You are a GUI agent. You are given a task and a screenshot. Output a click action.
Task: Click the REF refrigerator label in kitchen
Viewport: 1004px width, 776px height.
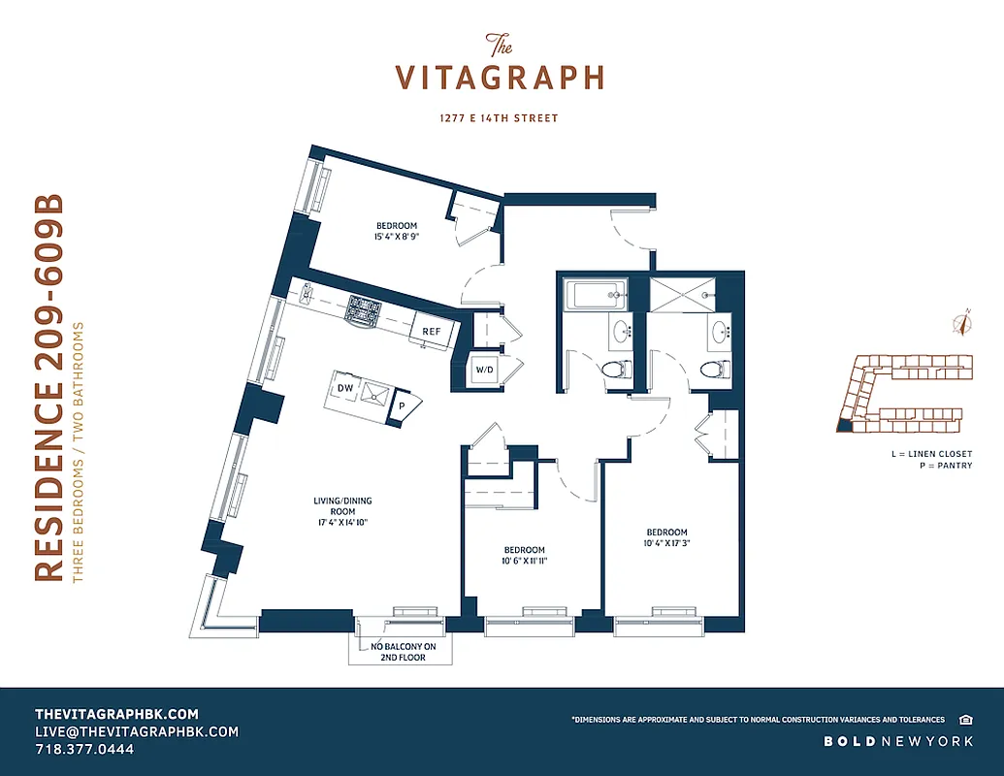click(431, 331)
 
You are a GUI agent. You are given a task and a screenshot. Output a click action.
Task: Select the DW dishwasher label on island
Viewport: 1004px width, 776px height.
click(344, 388)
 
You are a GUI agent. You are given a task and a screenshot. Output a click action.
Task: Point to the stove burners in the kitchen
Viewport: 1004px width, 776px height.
click(365, 309)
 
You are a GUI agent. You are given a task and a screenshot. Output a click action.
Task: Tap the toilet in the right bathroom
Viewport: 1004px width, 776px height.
click(712, 370)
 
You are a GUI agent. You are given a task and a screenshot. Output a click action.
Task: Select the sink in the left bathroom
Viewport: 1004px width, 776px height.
click(621, 333)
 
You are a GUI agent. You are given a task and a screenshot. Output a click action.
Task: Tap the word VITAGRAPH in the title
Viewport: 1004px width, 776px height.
click(500, 77)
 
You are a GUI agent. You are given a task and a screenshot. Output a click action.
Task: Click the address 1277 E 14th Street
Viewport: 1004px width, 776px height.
click(500, 118)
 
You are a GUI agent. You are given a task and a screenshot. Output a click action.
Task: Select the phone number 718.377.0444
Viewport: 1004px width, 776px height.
click(84, 750)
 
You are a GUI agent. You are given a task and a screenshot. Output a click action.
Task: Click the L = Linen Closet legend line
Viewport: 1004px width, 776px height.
click(931, 453)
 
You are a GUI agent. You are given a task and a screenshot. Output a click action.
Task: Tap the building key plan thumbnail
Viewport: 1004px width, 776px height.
click(903, 393)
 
